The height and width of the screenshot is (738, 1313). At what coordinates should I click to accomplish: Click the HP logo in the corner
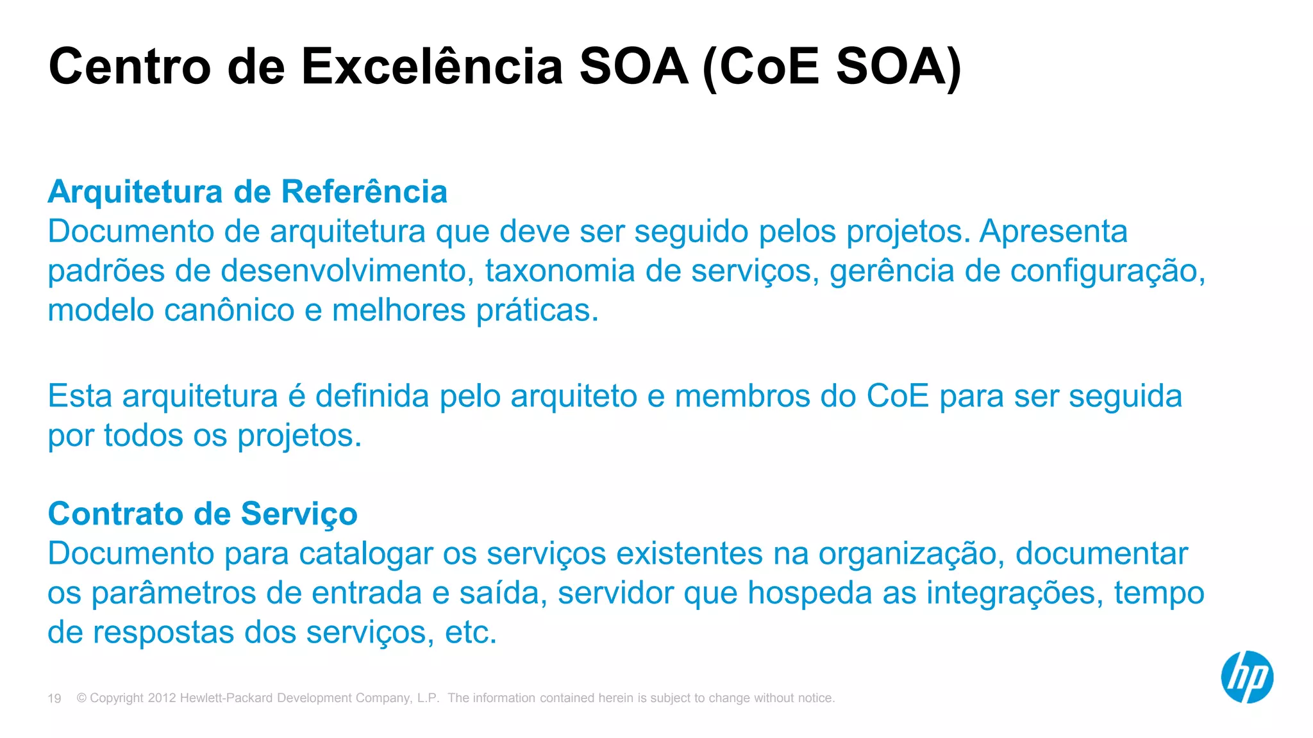[x=1247, y=677]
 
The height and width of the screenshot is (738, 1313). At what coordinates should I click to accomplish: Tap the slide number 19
[x=54, y=698]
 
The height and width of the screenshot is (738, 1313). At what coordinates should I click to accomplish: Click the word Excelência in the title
[x=432, y=67]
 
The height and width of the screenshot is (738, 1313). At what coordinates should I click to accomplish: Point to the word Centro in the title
[x=130, y=67]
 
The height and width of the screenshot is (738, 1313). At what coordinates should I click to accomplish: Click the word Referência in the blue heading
[x=364, y=192]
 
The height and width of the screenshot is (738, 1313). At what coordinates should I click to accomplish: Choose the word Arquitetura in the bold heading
[x=135, y=192]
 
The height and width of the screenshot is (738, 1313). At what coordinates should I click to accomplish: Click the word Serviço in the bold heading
[x=299, y=515]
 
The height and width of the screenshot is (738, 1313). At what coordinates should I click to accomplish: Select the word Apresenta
[x=1053, y=231]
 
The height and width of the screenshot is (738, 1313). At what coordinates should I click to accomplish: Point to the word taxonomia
[x=560, y=270]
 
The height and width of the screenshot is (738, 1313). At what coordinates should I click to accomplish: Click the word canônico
[x=229, y=310]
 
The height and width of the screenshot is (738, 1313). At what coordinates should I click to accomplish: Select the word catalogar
[x=365, y=554]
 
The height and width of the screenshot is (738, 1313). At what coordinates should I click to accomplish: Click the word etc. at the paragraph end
[x=471, y=632]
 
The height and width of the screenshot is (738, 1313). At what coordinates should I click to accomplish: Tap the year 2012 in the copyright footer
[x=162, y=698]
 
